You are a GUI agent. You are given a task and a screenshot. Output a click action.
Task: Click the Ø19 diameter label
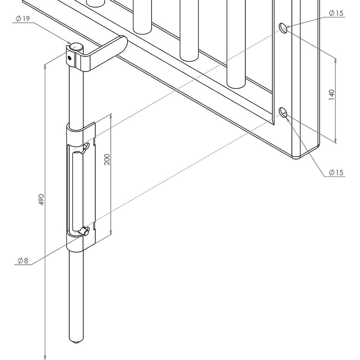tap(23, 19)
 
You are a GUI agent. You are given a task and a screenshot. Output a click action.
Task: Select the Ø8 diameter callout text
tap(22, 261)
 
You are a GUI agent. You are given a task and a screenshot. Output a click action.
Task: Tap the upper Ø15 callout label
tap(336, 13)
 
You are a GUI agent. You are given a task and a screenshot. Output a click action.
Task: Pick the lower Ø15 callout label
tap(336, 173)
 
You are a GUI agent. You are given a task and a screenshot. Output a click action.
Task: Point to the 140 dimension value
tap(332, 94)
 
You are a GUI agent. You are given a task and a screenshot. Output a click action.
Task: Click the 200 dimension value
tap(107, 159)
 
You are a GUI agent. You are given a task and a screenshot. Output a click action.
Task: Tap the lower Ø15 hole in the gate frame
tap(283, 112)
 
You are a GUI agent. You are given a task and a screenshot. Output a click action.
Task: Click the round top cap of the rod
tap(76, 47)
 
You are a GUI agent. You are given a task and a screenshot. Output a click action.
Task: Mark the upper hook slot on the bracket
tap(86, 147)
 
